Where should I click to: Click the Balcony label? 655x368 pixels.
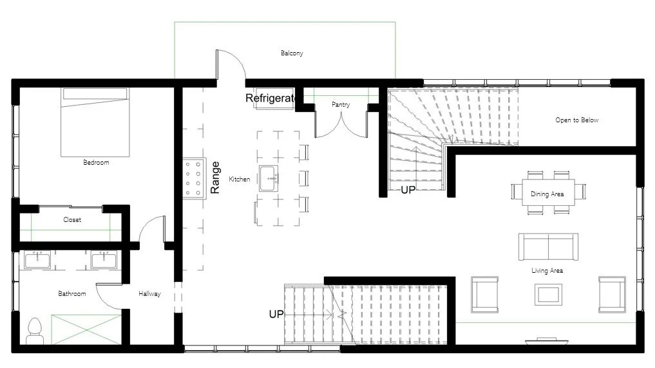292,53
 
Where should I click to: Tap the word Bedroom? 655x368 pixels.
96,163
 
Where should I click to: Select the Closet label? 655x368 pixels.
72,220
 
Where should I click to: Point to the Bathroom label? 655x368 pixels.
71,294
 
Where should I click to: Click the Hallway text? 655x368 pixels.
149,294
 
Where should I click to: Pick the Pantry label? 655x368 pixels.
341,104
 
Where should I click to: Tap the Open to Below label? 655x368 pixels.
576,120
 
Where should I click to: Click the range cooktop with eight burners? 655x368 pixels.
193,178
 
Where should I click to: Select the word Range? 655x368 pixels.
216,177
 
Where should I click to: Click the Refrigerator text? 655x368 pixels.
271,98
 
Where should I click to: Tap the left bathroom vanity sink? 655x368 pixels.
37,260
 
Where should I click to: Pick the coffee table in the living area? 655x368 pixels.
547,294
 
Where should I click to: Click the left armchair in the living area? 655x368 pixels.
484,294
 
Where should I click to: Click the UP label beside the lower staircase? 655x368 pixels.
276,314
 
